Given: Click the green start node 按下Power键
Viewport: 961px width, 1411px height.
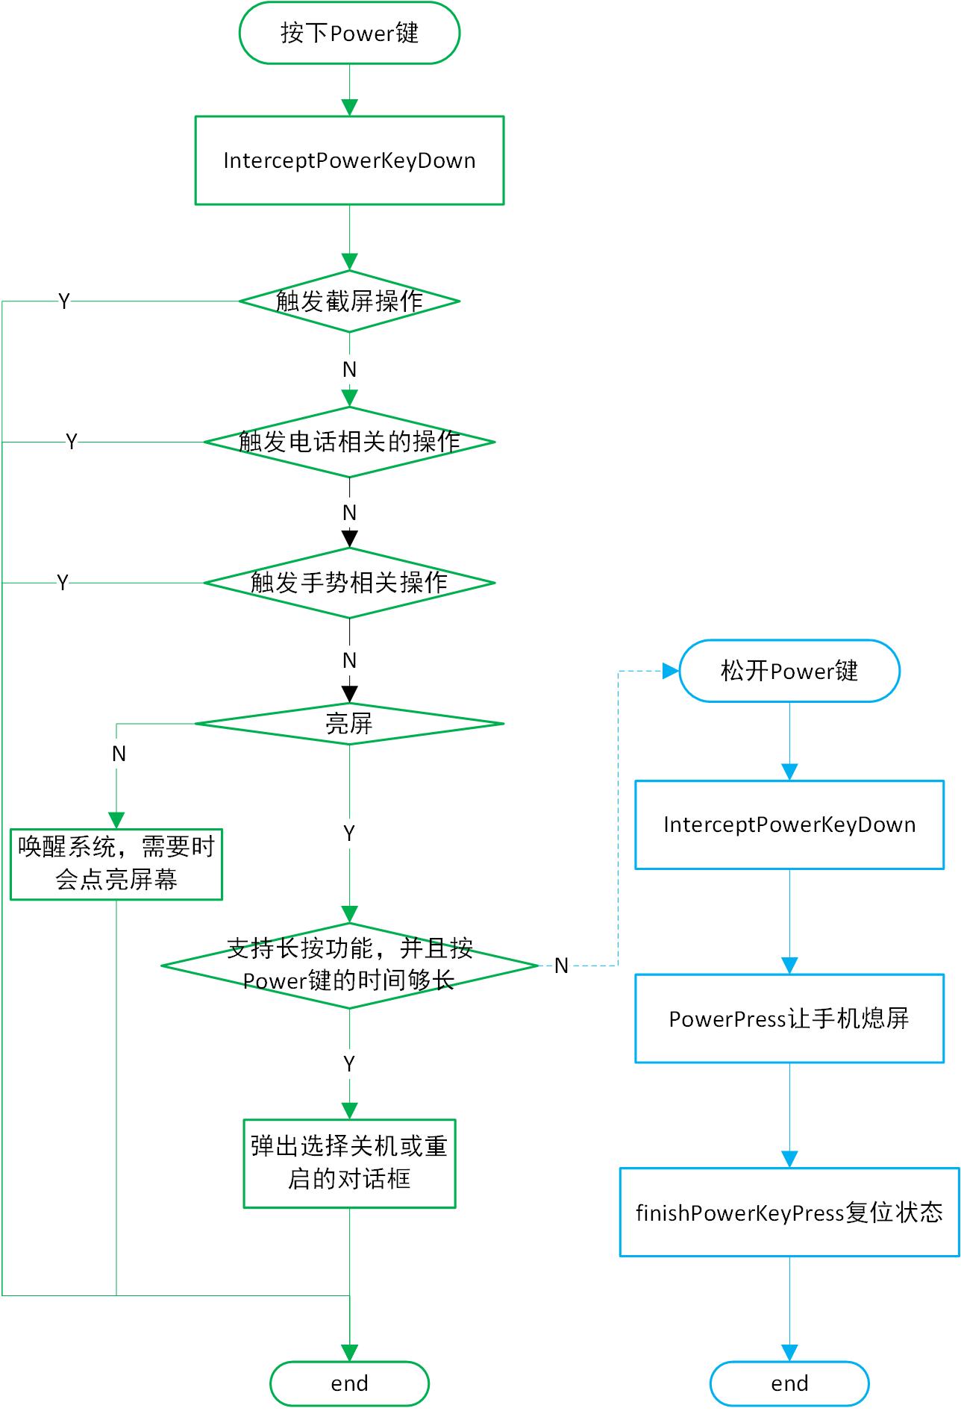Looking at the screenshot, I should (x=349, y=33).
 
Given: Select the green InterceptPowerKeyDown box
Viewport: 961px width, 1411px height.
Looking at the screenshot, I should (x=349, y=160).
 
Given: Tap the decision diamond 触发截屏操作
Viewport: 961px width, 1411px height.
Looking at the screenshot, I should (x=349, y=301).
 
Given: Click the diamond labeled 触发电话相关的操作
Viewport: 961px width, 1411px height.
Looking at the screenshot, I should (x=349, y=442).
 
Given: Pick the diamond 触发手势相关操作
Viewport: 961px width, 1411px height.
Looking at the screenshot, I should (x=349, y=583).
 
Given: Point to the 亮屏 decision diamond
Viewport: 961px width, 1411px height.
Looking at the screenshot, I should (x=349, y=723).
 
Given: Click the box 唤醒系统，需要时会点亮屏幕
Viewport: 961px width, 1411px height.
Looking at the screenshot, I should (x=116, y=864).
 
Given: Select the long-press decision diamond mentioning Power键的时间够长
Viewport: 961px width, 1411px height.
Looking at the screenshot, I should (x=349, y=966).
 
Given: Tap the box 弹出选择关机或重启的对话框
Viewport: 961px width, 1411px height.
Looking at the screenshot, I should (x=349, y=1163).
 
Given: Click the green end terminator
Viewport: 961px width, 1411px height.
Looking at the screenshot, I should (x=349, y=1383).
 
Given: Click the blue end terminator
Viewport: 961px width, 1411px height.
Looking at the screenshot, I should (x=789, y=1383).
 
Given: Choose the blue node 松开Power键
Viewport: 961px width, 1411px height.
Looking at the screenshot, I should (x=789, y=671).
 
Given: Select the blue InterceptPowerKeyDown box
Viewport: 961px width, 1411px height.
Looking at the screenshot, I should (x=789, y=825).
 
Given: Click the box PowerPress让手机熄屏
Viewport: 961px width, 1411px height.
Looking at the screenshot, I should (x=789, y=1019).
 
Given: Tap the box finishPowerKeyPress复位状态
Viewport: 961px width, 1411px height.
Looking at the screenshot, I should (x=789, y=1212).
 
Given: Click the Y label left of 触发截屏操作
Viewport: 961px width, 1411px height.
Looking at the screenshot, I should (x=64, y=301).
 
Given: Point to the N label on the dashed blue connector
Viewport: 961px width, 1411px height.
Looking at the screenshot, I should (x=561, y=966).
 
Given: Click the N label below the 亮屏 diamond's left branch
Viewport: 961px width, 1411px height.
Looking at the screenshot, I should (x=119, y=754).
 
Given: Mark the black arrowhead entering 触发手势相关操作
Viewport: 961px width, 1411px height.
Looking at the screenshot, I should (x=349, y=539).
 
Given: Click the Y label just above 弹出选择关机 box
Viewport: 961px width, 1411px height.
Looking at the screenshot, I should (x=349, y=1064).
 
